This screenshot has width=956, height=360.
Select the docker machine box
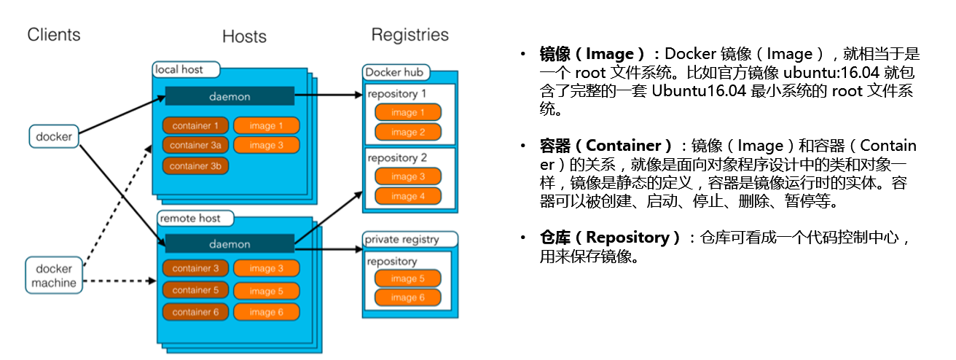click(x=53, y=274)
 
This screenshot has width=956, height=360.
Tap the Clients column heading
click(x=54, y=34)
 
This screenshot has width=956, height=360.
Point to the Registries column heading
click(x=410, y=35)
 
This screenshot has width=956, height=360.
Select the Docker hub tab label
click(x=394, y=72)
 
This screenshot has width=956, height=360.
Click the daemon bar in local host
click(x=230, y=96)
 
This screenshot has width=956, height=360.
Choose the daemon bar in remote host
click(x=230, y=244)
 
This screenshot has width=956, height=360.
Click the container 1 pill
click(x=195, y=125)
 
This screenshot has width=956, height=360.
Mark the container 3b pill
click(x=195, y=166)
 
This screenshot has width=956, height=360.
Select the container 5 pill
click(x=195, y=290)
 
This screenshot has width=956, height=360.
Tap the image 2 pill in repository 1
click(x=408, y=132)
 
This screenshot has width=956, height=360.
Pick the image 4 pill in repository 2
click(x=408, y=196)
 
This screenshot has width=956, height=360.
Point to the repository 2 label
click(x=397, y=157)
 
